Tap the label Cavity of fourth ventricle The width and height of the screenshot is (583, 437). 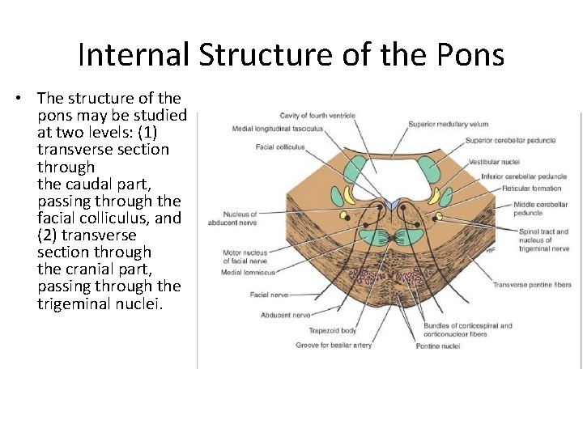(317, 116)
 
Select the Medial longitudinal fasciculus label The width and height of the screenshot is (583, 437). (278, 129)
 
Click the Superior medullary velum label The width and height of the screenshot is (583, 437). (448, 124)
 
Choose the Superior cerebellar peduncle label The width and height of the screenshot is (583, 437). (510, 140)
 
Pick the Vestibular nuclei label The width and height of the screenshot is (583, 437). (494, 162)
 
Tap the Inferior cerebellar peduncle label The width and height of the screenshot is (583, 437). (523, 176)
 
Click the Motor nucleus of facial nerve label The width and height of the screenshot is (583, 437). (245, 257)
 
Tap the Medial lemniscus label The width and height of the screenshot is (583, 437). (248, 273)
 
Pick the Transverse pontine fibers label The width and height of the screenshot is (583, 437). (532, 285)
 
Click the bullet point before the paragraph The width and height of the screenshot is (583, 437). (18, 99)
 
